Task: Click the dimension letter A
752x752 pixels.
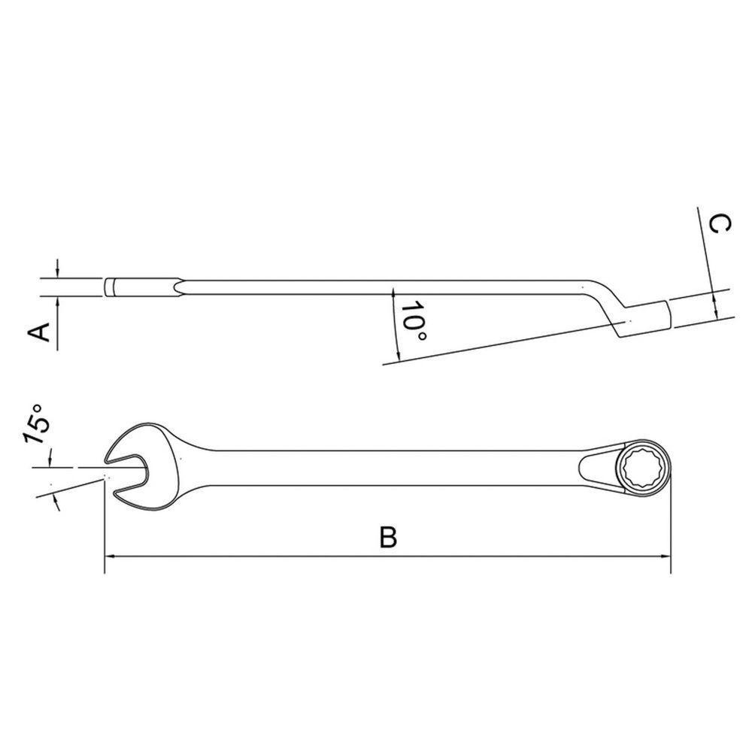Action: tap(44, 331)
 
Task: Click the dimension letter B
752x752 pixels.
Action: tap(388, 537)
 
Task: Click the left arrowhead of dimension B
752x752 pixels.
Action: tap(110, 556)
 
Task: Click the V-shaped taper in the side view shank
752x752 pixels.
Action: tap(177, 287)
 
